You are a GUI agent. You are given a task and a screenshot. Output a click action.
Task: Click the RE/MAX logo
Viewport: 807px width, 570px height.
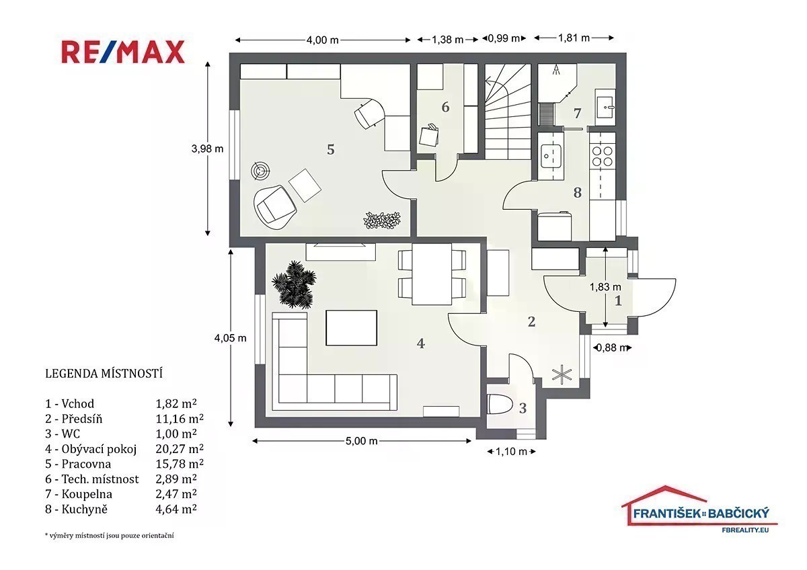(x=123, y=52)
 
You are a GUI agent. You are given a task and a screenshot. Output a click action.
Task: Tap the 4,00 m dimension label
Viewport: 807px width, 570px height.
(x=322, y=40)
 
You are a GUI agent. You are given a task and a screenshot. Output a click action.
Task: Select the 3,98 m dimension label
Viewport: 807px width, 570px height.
(x=207, y=149)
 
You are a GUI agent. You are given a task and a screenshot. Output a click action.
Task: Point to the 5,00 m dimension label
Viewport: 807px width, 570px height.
(x=361, y=441)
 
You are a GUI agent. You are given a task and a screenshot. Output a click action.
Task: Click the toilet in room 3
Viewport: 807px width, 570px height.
(x=499, y=405)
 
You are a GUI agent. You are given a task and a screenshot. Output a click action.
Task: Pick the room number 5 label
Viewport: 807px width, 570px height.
(x=330, y=149)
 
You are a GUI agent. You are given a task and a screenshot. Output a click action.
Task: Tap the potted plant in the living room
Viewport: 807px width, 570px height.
(x=294, y=285)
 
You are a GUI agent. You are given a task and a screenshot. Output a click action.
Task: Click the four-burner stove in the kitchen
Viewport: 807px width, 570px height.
(x=603, y=156)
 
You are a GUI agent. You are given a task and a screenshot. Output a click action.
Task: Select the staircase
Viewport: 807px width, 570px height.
(x=508, y=112)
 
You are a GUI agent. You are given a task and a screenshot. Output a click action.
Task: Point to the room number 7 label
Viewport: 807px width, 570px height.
(x=577, y=114)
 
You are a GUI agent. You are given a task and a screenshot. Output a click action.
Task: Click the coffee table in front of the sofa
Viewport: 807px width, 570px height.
(x=351, y=327)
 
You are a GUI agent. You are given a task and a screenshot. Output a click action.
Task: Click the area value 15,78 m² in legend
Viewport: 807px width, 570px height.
(x=180, y=464)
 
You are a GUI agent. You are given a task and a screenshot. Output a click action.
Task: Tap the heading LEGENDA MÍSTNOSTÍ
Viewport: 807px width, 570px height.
(x=104, y=374)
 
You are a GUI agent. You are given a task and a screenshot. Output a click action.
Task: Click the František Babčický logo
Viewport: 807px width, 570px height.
(x=699, y=510)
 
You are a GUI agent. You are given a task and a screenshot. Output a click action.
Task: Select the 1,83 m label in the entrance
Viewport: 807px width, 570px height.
(x=605, y=287)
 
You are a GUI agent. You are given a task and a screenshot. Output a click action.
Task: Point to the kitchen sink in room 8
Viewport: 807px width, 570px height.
(x=551, y=156)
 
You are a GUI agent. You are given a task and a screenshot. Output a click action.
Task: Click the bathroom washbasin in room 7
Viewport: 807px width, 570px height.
(x=605, y=107)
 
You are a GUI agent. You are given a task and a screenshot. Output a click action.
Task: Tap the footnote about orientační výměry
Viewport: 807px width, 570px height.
(x=109, y=536)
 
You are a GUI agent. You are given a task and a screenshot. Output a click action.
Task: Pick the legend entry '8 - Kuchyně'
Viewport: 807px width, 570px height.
(x=76, y=509)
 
